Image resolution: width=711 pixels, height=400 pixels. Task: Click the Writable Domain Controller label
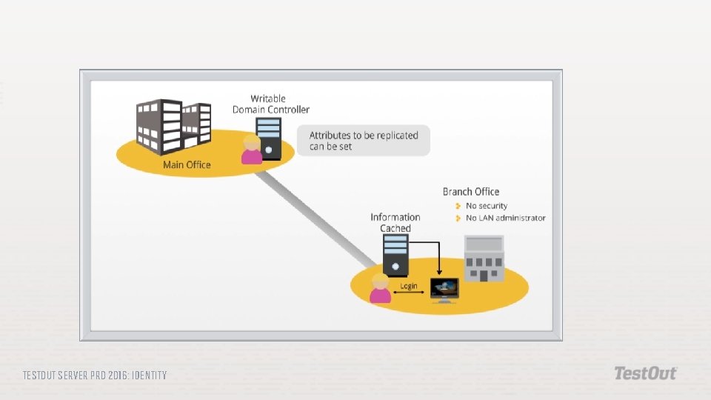coord(270,104)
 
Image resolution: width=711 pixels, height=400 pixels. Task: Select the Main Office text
coord(187,164)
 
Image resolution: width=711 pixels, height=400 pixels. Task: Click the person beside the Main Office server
coord(252,149)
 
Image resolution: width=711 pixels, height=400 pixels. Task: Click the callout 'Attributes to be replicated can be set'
coord(364,141)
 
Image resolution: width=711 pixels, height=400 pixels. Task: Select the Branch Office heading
coord(471,192)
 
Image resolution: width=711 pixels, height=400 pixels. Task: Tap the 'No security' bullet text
coord(487,206)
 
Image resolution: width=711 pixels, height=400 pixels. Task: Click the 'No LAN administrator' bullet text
coord(505,218)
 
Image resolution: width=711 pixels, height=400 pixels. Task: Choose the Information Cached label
coord(395,222)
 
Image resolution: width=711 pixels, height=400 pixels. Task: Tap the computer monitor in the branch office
coord(444,289)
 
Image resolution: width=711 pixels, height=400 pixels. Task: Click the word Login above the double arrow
coord(409,286)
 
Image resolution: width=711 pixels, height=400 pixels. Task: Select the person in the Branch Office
coord(380,288)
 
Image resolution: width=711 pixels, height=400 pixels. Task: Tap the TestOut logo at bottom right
coord(645,373)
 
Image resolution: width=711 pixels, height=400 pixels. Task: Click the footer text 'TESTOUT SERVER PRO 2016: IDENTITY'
coord(95,376)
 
